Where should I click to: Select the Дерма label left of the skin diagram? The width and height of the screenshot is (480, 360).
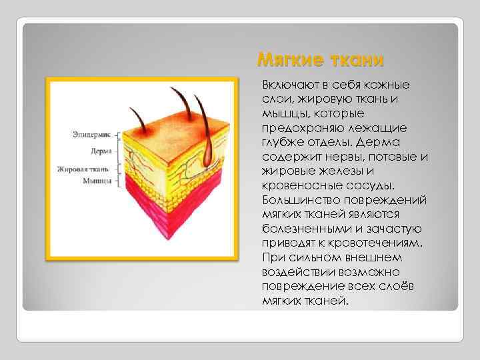(x=101, y=151)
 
